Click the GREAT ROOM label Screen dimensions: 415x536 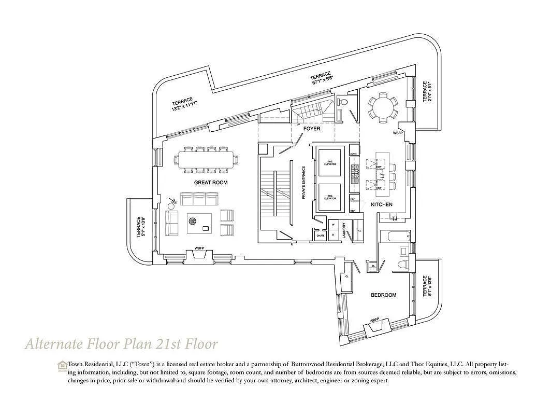pos(211,183)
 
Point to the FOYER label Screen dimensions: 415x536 pos(312,128)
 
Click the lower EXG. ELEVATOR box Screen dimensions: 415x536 pos(330,197)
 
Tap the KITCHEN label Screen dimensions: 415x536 pos(381,204)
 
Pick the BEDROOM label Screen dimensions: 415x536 pos(383,295)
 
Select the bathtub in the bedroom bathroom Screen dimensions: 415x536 pos(393,237)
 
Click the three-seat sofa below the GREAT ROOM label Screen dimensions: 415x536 pos(199,200)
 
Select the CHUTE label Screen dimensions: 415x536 pos(320,236)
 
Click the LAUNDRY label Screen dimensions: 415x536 pos(343,230)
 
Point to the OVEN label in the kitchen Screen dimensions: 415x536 pos(354,154)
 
